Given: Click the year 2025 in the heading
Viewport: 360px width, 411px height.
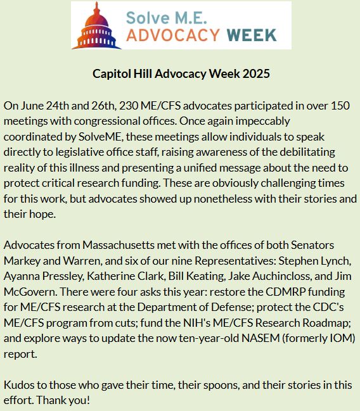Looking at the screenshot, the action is point(255,73).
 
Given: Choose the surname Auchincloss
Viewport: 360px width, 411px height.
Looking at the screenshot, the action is point(266,276).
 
